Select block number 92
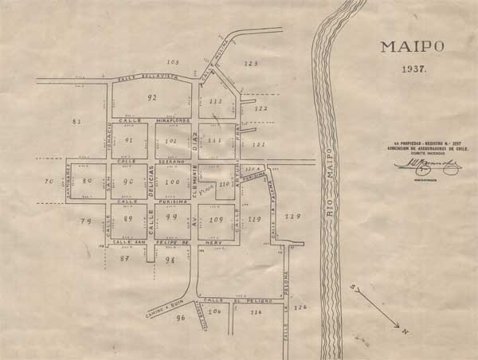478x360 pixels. pyautogui.click(x=152, y=97)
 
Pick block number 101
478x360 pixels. pyautogui.click(x=170, y=141)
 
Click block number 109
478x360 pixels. pyautogui.click(x=216, y=218)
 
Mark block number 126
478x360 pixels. pyautogui.click(x=300, y=307)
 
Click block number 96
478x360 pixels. pyautogui.click(x=181, y=318)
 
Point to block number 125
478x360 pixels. pyautogui.click(x=252, y=63)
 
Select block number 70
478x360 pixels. pyautogui.click(x=49, y=182)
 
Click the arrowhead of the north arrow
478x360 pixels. pyautogui.click(x=398, y=327)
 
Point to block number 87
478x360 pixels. pyautogui.click(x=124, y=259)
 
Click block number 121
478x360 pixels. pyautogui.click(x=257, y=145)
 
